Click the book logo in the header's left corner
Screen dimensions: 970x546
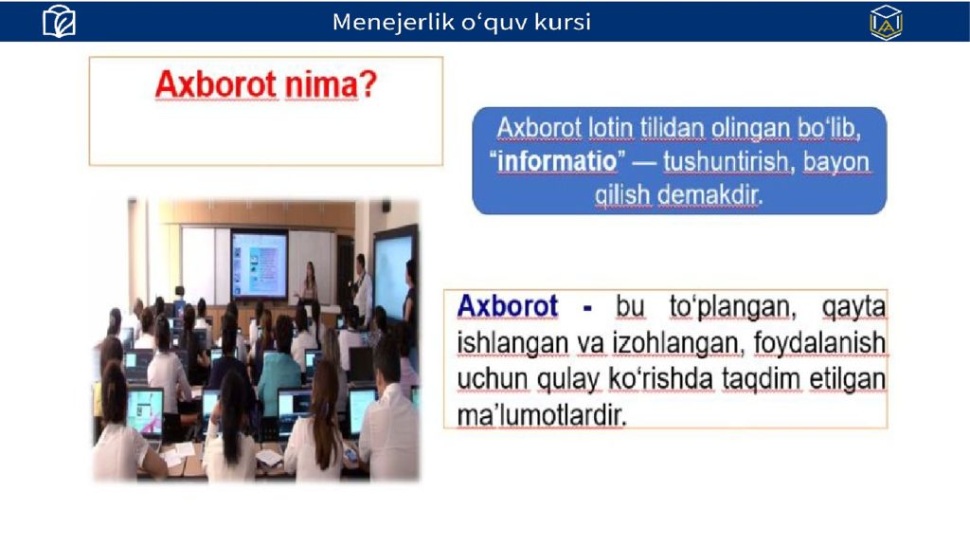click(59, 22)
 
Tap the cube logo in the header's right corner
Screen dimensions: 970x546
click(886, 23)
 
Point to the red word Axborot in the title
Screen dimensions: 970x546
click(216, 84)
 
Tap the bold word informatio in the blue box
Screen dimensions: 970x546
click(557, 161)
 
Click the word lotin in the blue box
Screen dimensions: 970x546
click(610, 128)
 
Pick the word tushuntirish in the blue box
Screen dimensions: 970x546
click(726, 161)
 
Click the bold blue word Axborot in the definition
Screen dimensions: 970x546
click(508, 306)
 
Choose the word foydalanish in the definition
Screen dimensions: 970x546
click(819, 343)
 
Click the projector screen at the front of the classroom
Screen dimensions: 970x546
click(260, 264)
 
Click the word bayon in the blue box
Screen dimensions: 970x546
click(836, 162)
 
